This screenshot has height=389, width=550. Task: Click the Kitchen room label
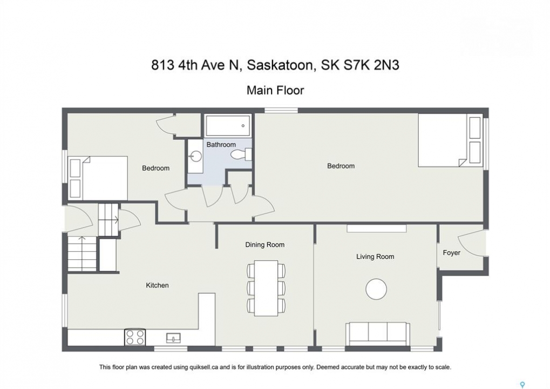click(157, 285)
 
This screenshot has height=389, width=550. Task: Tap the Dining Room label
click(265, 245)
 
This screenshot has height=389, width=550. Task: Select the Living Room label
click(375, 257)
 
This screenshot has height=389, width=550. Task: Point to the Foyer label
click(451, 253)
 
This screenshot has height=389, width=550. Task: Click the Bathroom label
click(221, 145)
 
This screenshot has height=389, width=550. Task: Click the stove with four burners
click(135, 337)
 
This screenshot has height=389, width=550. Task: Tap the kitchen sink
click(174, 338)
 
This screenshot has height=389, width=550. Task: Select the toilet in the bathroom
click(241, 155)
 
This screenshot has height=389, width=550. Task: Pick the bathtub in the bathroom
click(228, 126)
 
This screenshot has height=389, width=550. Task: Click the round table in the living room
click(376, 289)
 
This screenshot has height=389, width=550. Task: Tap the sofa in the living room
click(378, 333)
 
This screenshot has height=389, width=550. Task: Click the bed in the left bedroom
click(98, 178)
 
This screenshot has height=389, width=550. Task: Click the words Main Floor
click(275, 90)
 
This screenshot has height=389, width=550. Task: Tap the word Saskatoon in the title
click(280, 65)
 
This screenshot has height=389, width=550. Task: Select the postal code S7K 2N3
click(371, 65)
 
